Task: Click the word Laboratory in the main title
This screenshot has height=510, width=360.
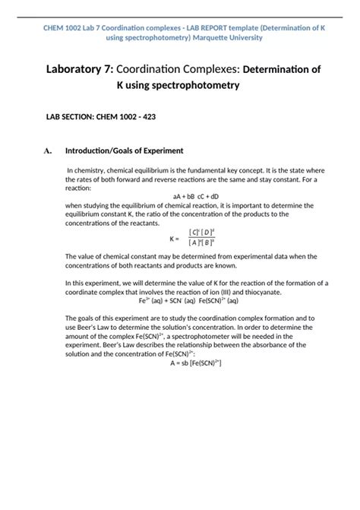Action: (x=77, y=69)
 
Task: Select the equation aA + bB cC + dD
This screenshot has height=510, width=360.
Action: (x=179, y=196)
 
